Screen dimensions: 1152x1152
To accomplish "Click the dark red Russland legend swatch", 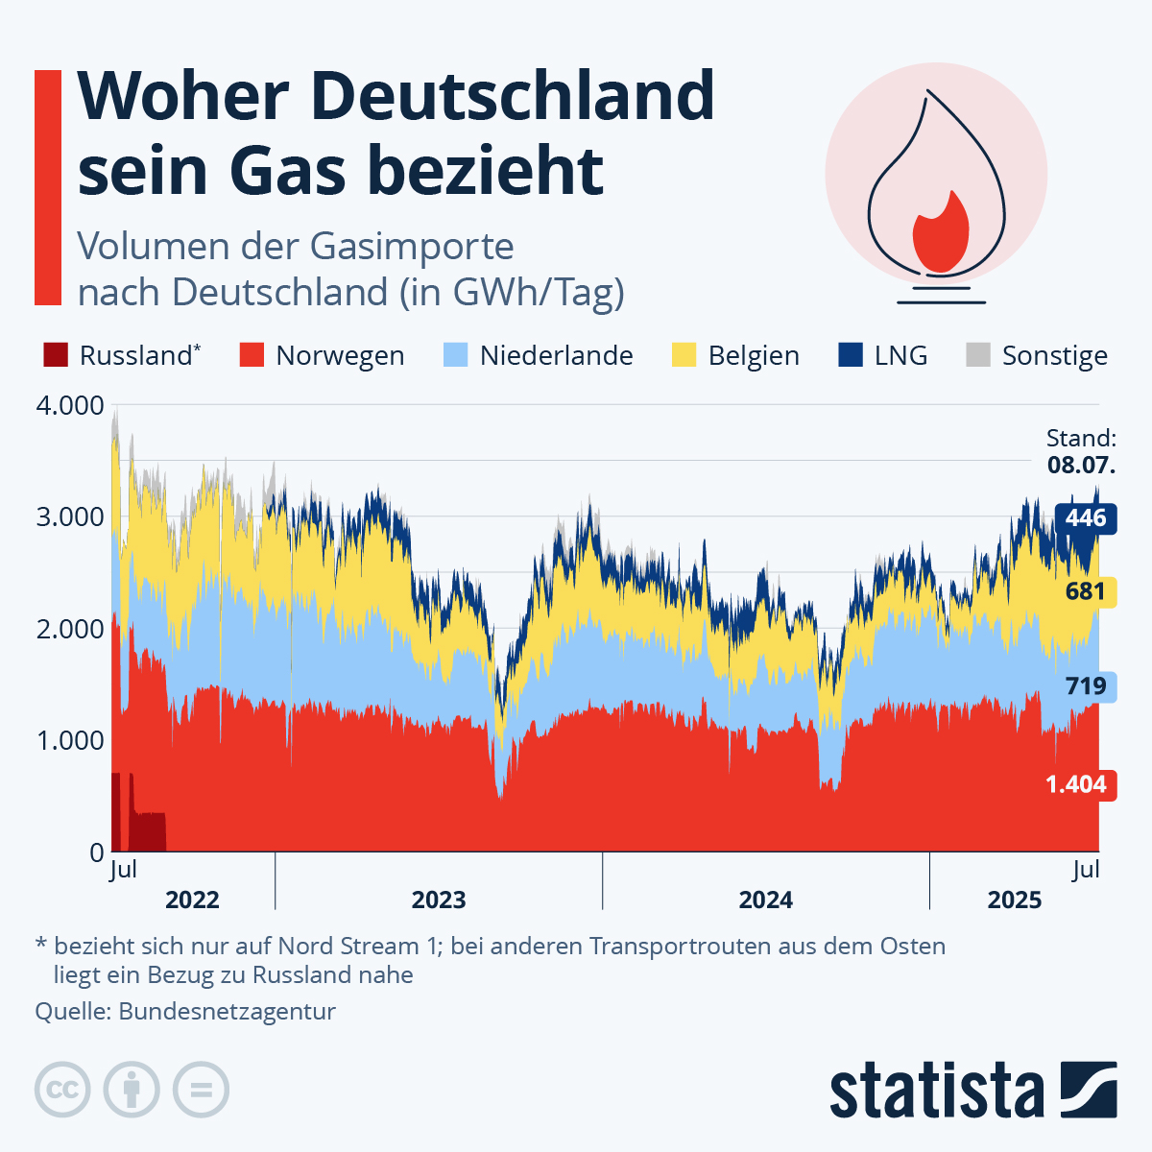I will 56,355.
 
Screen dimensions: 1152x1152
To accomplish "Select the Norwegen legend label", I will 340,356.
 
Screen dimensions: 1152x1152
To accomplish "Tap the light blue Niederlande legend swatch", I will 455,355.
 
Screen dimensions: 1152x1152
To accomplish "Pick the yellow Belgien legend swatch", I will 684,355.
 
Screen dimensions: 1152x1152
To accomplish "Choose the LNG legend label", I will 900,356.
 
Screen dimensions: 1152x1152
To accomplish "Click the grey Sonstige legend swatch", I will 977,355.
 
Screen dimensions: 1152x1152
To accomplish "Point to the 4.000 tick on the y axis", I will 69,405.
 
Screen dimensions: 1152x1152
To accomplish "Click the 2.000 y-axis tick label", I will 69,629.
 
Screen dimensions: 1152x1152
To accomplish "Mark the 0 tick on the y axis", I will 96,852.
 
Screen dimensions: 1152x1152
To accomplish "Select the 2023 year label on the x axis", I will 439,900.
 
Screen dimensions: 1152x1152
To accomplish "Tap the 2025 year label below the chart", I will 1015,900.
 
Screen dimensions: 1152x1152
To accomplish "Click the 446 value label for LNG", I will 1086,518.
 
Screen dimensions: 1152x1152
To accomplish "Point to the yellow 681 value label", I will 1086,590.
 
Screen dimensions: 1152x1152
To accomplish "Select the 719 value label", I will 1086,686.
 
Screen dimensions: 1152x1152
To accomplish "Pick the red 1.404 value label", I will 1076,784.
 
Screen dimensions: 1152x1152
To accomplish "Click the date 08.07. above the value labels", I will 1081,467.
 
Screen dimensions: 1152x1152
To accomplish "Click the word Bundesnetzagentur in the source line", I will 228,1011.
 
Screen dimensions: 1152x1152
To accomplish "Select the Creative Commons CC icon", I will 62,1091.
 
